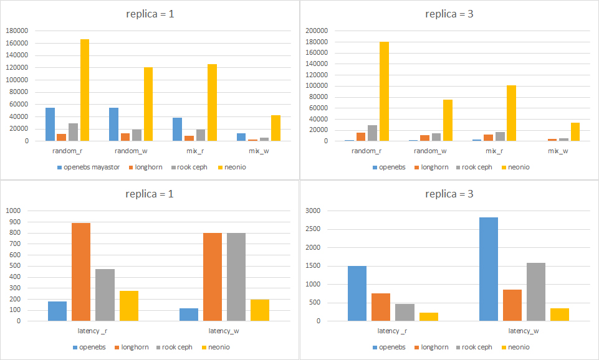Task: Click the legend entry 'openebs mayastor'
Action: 91,167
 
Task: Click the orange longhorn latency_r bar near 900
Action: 81,272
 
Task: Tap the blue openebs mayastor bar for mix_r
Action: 178,129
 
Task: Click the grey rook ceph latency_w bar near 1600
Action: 536,291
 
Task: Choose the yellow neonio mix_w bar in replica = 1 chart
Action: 276,128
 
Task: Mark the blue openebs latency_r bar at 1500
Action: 357,293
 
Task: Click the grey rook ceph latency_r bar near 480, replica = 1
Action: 105,295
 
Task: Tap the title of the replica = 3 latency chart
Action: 449,194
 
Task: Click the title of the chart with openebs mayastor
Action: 150,14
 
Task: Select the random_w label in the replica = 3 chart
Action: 431,151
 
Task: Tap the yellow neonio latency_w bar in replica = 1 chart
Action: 260,310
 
